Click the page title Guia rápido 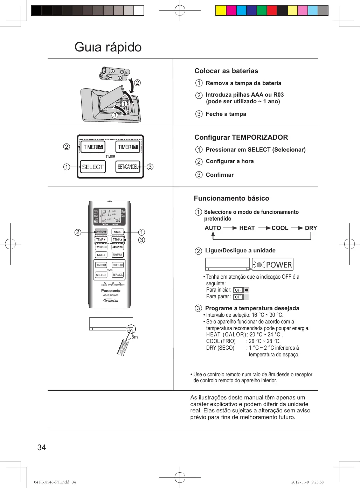(108, 47)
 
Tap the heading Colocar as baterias (226, 71)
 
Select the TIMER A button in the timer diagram (93, 147)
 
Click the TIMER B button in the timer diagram (128, 147)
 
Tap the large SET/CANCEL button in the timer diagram (128, 167)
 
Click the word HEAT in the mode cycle (247, 228)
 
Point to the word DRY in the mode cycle (311, 228)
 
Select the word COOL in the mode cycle (280, 228)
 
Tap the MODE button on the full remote (118, 232)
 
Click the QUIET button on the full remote (101, 255)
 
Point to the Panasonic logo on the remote (111, 291)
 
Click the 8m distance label (135, 337)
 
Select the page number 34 (41, 447)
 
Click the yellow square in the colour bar (221, 11)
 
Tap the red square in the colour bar (272, 11)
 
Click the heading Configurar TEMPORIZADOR (241, 137)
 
